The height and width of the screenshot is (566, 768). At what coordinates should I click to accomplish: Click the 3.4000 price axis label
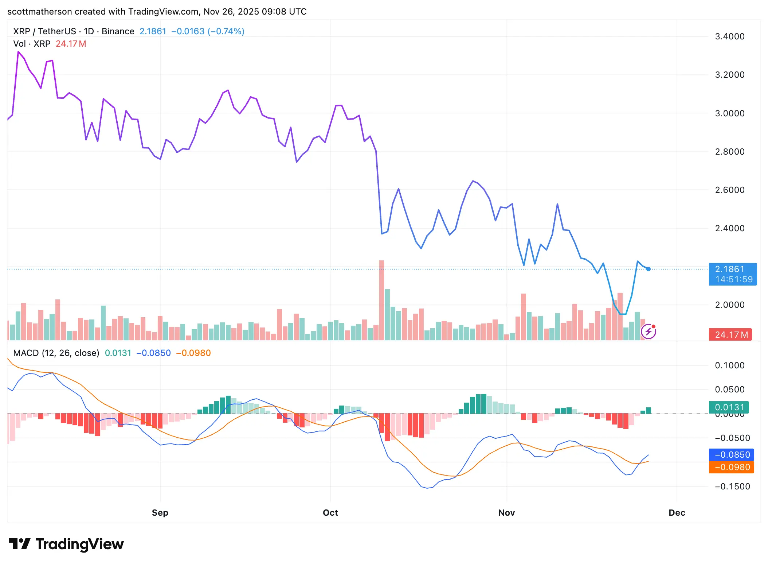[729, 36]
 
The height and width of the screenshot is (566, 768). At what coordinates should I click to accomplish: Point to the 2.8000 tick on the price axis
[729, 152]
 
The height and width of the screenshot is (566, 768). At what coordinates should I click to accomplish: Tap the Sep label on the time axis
[160, 512]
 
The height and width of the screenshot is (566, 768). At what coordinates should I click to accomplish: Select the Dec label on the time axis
[677, 512]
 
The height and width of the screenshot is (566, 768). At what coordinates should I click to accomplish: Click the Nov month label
[506, 512]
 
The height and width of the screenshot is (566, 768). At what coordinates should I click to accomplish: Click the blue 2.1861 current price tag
[732, 274]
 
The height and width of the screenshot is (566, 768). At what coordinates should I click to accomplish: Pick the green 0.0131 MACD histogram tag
[729, 407]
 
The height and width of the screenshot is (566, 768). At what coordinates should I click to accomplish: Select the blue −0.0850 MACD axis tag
[732, 455]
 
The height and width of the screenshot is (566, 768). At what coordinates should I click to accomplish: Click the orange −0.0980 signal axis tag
[732, 467]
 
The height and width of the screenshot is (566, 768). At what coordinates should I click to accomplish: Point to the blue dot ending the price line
[649, 269]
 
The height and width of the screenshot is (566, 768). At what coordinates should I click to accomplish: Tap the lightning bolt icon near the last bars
[649, 332]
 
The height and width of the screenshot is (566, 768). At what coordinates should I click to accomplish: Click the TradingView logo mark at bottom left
[19, 544]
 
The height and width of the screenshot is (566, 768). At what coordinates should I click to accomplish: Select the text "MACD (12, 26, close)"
[56, 353]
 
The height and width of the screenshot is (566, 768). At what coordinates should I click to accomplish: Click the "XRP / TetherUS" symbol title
[44, 31]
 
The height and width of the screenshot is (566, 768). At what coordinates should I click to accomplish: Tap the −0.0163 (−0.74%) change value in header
[208, 31]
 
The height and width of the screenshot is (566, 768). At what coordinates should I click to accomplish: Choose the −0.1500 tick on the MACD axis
[732, 486]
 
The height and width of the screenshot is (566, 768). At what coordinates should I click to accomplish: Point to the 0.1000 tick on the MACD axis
[729, 365]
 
